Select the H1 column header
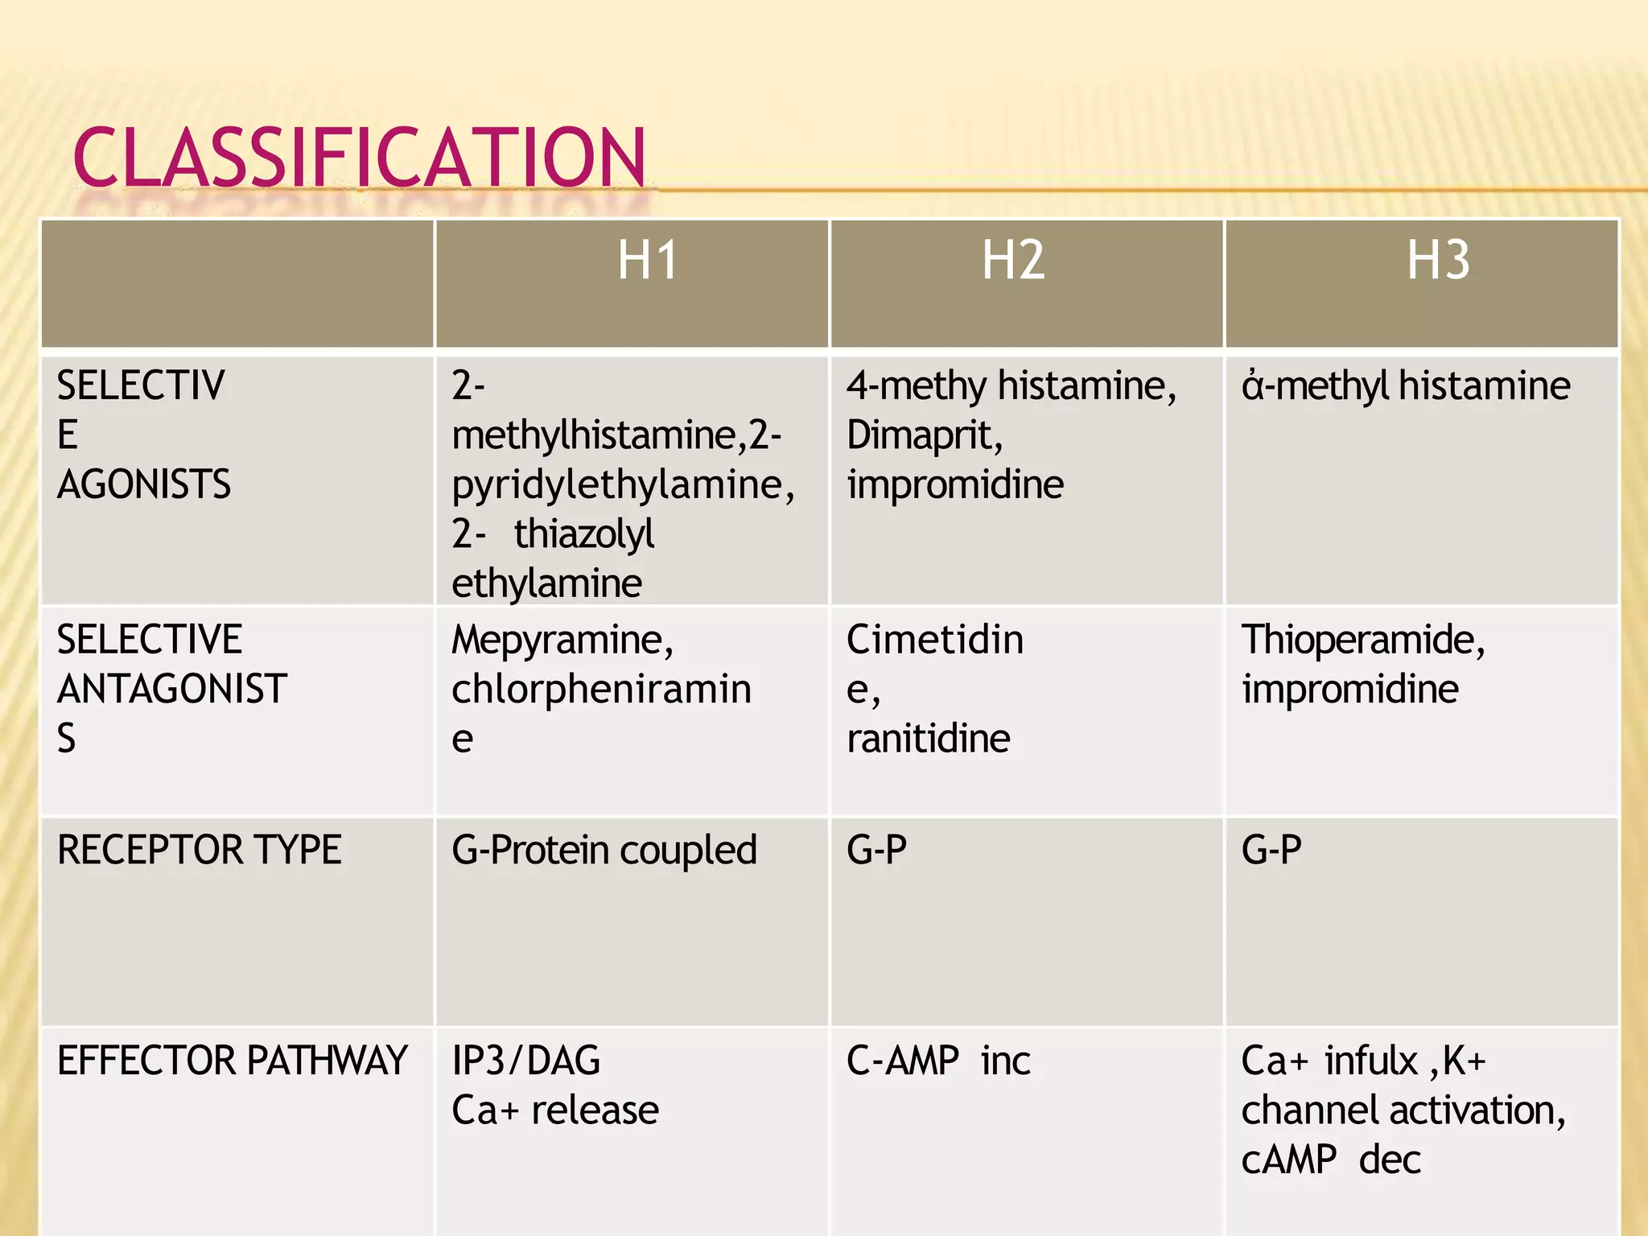(x=647, y=261)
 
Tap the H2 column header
(x=1013, y=261)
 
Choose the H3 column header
(x=1438, y=261)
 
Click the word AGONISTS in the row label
(x=144, y=484)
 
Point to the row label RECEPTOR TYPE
(x=200, y=850)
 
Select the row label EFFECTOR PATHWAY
(x=232, y=1061)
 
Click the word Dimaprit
(x=924, y=435)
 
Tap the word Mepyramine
(x=562, y=641)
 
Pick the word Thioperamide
(x=1362, y=641)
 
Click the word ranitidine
(x=928, y=739)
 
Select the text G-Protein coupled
(x=604, y=851)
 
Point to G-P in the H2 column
(x=876, y=850)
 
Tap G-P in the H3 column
(x=1271, y=850)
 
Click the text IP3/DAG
(x=525, y=1061)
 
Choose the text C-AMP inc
(x=938, y=1061)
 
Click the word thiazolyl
(x=584, y=534)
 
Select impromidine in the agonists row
(x=955, y=484)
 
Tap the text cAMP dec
(x=1331, y=1160)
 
